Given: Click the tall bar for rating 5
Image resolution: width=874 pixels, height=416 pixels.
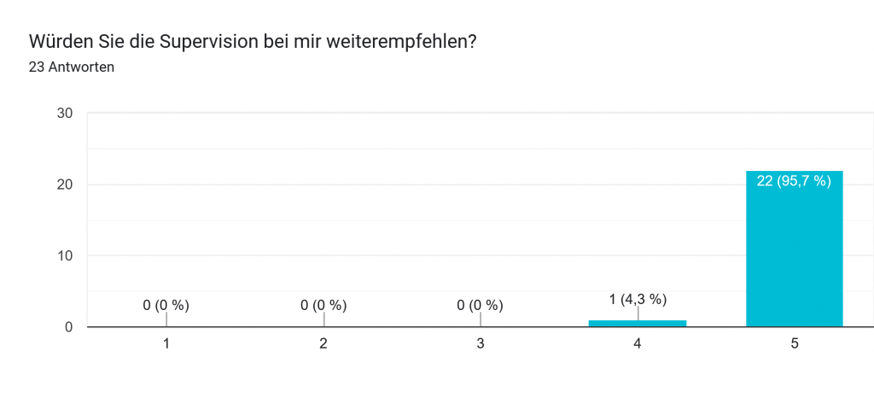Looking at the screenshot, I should coord(794,256).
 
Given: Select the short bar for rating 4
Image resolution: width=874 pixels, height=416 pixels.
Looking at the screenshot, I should coord(637,323).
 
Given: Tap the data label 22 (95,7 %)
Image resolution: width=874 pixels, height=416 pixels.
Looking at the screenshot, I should coord(794,181).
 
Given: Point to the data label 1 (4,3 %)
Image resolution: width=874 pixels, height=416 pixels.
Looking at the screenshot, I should coord(638,299).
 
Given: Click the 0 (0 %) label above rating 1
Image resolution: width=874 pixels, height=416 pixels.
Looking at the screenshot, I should coord(166,305).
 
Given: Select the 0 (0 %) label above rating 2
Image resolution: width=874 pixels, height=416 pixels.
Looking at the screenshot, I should coord(323,305).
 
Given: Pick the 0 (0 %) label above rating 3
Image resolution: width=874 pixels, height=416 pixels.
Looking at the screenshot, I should coord(481,305).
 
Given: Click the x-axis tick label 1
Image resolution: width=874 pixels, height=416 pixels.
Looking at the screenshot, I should coord(166,343).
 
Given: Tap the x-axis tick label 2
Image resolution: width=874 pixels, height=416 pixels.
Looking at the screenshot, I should coord(323,343).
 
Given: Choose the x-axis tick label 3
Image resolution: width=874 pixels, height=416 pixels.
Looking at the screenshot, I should coord(481,343).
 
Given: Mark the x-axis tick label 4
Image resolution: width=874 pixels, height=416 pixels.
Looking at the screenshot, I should coord(638,343).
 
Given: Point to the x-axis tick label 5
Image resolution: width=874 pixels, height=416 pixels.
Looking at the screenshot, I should coord(795,343).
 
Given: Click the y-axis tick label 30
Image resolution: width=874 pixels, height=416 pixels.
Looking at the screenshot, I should coord(64,114).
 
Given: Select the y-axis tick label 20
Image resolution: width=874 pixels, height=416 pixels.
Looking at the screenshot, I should coord(64,185).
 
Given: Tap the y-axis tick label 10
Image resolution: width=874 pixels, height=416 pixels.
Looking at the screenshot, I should coord(64,255).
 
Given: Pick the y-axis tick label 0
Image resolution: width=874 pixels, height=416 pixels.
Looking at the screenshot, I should coord(68,327).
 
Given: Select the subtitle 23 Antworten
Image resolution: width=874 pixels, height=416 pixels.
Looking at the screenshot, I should coord(72,67).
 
